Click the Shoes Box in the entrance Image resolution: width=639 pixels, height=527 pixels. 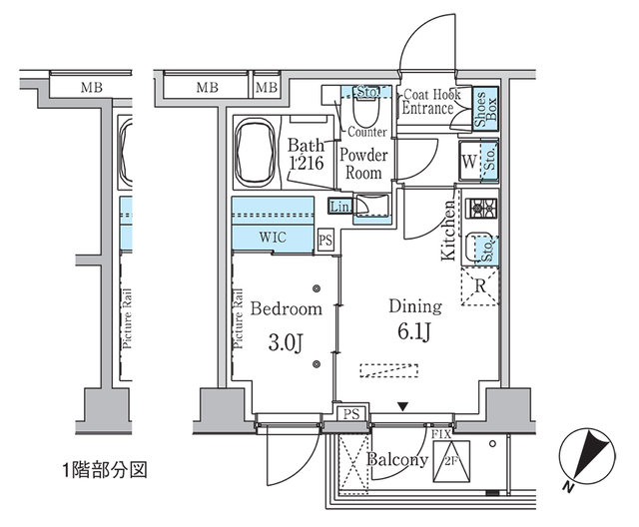[x=480, y=108]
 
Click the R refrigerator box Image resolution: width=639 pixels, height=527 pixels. [x=480, y=285]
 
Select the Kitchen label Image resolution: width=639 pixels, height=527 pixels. [x=449, y=230]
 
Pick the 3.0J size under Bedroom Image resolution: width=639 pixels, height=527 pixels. [x=285, y=344]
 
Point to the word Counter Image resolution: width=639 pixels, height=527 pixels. [x=367, y=132]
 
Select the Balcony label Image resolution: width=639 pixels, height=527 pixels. [x=396, y=460]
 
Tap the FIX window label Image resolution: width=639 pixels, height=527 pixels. [x=442, y=433]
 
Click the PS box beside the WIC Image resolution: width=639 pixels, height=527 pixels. [x=324, y=240]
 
